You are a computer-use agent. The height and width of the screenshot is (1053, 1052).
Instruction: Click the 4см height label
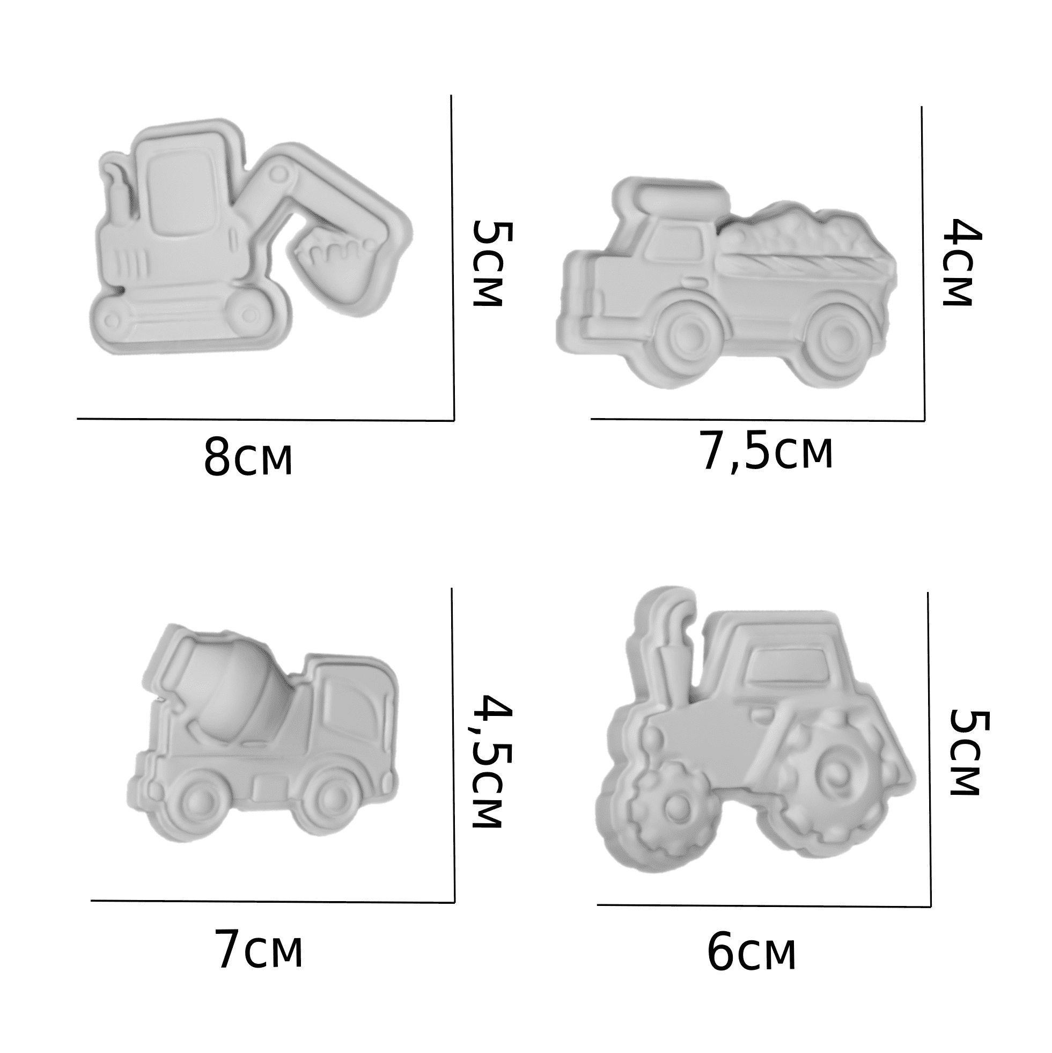tap(962, 262)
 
